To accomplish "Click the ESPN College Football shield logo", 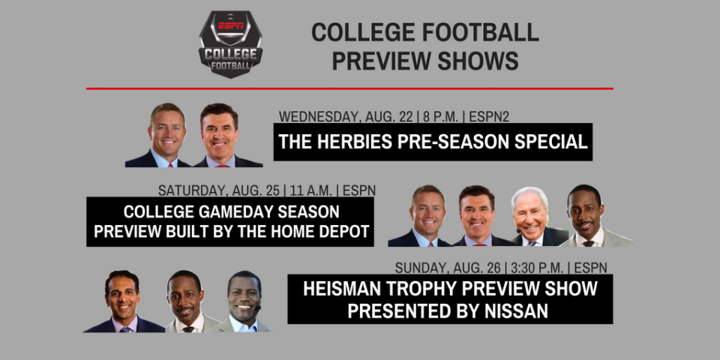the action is pos(230,43).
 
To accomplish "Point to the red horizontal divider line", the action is pos(349,88).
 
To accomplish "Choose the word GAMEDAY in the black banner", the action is pos(233,212).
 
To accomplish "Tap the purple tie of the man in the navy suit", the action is pos(124,328).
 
